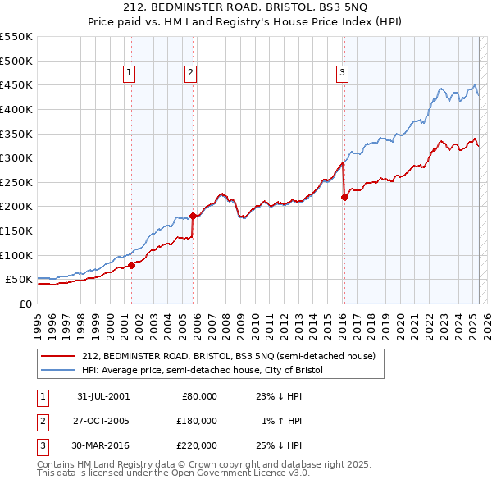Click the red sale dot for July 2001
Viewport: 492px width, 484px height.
[x=131, y=265]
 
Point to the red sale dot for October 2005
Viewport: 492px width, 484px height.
[x=194, y=217]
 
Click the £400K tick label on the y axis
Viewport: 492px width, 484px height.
[x=16, y=109]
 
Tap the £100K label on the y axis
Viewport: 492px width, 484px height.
[x=16, y=255]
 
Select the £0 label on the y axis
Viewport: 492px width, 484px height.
[x=24, y=304]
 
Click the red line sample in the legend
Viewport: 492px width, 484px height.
[x=58, y=356]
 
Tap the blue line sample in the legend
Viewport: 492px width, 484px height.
[x=58, y=370]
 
